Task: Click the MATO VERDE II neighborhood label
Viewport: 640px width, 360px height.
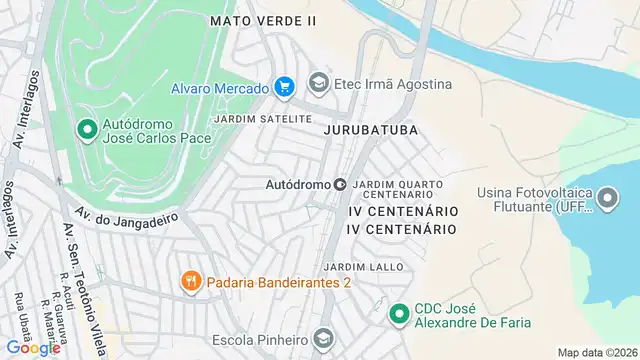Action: tap(264, 20)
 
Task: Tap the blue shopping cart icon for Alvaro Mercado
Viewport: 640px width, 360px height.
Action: tap(285, 86)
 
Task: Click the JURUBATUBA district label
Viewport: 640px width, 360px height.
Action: tap(370, 130)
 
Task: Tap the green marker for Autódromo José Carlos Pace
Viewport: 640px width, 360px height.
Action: tap(87, 129)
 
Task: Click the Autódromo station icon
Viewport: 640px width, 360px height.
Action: tap(340, 184)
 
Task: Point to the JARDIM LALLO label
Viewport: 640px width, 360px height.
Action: tap(364, 267)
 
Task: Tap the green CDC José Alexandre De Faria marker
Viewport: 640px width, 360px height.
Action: tap(399, 314)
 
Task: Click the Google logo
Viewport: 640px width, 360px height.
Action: tap(32, 348)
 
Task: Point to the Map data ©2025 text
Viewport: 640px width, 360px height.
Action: tap(596, 352)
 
